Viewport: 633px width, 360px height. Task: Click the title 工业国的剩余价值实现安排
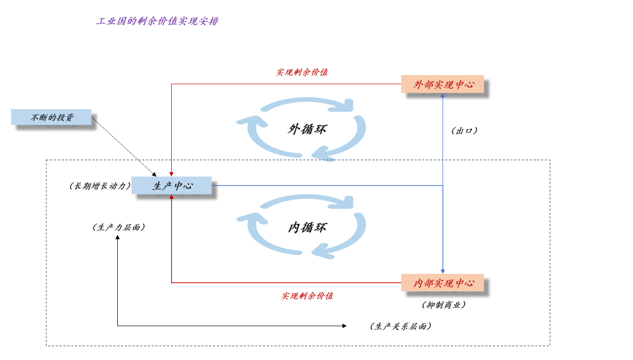[x=157, y=21]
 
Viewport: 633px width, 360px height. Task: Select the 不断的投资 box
[x=51, y=117]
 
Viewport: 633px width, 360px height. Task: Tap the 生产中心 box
[x=172, y=185]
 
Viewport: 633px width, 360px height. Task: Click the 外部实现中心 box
[x=443, y=84]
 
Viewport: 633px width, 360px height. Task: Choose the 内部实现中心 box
[x=443, y=283]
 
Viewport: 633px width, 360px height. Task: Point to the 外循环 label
[x=307, y=129]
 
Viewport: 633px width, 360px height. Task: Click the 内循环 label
[x=307, y=227]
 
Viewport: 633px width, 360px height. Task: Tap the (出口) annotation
[x=464, y=131]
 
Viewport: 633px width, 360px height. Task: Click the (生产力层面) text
[x=118, y=227]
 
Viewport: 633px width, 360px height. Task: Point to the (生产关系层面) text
[x=400, y=326]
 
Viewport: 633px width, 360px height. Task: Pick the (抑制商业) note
[x=444, y=305]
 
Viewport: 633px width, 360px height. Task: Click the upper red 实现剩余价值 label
[x=302, y=72]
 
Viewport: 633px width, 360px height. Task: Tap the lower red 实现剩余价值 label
[x=307, y=296]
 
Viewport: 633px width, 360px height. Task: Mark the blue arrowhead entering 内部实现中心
[x=443, y=271]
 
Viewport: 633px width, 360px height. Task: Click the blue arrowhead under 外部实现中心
[x=443, y=96]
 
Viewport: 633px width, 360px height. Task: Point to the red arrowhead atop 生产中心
[x=172, y=174]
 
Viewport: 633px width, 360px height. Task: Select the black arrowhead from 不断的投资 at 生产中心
[x=154, y=174]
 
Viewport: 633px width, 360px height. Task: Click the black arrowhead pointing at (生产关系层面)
[x=345, y=325]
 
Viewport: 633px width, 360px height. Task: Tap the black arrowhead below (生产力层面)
[x=117, y=237]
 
